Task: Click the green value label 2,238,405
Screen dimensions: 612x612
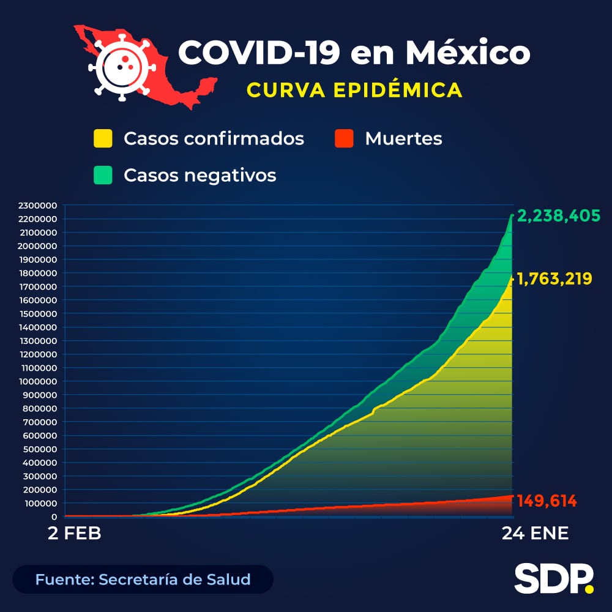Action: pos(558,216)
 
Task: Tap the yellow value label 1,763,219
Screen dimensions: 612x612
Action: pos(554,279)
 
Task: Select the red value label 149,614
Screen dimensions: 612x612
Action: pos(547,502)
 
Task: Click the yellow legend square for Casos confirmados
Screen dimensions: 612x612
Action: pos(103,138)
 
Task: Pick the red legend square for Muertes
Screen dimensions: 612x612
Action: pos(345,138)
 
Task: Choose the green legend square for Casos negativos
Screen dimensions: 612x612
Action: pos(103,176)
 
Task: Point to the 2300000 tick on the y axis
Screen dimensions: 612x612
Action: pos(38,206)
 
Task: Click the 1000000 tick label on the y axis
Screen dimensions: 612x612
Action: pos(38,382)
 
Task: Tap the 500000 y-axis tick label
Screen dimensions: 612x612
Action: pos(40,449)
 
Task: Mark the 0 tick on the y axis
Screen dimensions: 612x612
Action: pos(54,517)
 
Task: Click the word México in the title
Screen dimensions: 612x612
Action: pos(468,53)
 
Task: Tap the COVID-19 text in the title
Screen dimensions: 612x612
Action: pos(259,53)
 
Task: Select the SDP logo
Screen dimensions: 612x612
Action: pos(554,578)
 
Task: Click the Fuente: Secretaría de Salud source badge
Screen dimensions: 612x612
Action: pos(143,579)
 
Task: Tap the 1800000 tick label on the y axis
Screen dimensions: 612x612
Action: pos(38,273)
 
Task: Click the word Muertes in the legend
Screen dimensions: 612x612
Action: pos(403,138)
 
